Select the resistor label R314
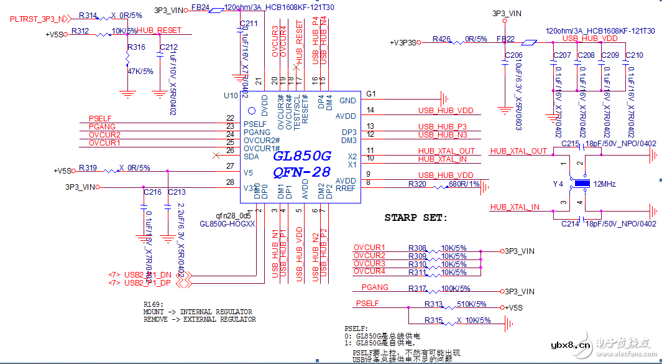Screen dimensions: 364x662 click(x=89, y=16)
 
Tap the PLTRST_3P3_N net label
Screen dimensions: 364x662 click(x=36, y=19)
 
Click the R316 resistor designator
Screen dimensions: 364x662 click(x=136, y=47)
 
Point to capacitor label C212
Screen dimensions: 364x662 click(x=168, y=47)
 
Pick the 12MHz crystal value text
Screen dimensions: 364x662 click(x=605, y=184)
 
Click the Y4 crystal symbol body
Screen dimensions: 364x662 click(x=582, y=184)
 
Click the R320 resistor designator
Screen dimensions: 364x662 click(x=417, y=184)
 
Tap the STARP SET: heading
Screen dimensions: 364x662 click(x=415, y=218)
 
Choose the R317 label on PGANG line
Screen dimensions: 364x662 click(x=417, y=288)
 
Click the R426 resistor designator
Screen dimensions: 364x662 click(x=441, y=39)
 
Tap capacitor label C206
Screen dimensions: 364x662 click(x=513, y=55)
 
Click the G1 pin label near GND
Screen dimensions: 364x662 click(x=371, y=94)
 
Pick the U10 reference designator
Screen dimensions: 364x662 click(x=231, y=96)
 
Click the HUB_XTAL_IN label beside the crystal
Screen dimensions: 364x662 click(x=515, y=207)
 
